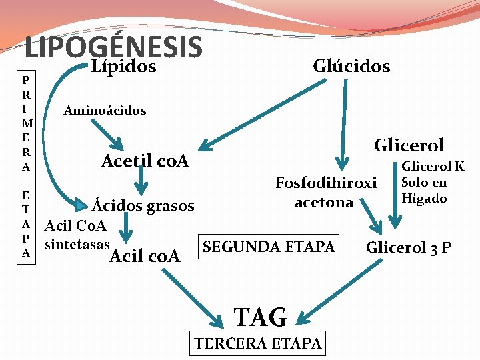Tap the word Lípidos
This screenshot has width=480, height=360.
click(x=123, y=66)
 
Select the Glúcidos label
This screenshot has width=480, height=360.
click(x=351, y=66)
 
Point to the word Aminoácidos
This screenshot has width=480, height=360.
click(x=105, y=110)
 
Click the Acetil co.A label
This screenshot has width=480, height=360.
click(x=144, y=161)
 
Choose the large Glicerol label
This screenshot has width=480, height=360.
click(x=409, y=145)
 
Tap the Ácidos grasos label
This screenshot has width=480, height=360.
click(x=143, y=206)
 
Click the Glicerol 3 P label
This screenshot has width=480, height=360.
click(x=409, y=248)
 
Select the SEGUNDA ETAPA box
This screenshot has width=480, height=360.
click(x=269, y=247)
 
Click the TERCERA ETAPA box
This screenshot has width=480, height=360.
click(x=257, y=343)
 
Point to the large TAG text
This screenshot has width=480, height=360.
click(x=260, y=317)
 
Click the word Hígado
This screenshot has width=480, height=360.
click(x=423, y=197)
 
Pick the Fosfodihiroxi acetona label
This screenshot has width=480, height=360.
click(x=326, y=192)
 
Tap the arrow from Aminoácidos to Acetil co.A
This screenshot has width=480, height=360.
click(x=107, y=135)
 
